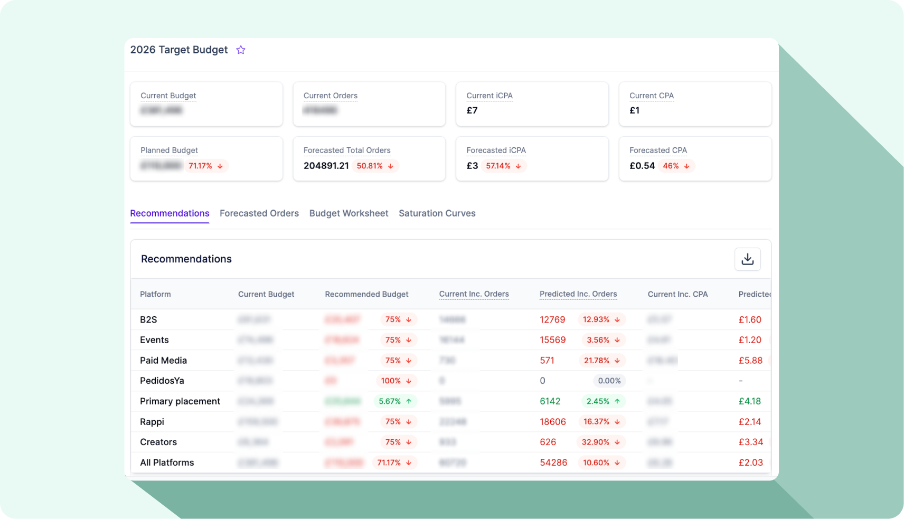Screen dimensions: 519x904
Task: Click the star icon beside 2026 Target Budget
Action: click(x=241, y=50)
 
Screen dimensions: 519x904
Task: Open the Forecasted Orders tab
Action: click(x=259, y=213)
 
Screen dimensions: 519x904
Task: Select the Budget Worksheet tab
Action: click(x=349, y=213)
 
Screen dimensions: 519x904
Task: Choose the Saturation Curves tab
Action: click(x=437, y=213)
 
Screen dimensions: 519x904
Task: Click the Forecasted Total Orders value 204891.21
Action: click(x=326, y=166)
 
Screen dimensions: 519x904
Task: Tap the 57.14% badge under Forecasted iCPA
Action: click(x=503, y=166)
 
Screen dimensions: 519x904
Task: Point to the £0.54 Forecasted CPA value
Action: click(x=642, y=166)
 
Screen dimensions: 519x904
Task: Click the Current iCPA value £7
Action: click(x=472, y=110)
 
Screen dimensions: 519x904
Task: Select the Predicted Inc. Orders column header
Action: click(x=578, y=294)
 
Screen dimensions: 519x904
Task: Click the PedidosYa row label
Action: click(x=162, y=381)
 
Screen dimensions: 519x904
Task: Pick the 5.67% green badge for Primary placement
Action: click(x=395, y=401)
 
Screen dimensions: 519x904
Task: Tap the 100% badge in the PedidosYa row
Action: click(x=396, y=381)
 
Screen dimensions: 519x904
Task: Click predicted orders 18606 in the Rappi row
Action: click(x=553, y=422)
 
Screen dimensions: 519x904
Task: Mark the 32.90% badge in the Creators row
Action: click(x=601, y=442)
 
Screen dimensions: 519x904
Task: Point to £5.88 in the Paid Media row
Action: click(x=750, y=361)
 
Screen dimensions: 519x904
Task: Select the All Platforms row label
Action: click(x=167, y=463)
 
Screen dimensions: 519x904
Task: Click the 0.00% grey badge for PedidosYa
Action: click(x=609, y=381)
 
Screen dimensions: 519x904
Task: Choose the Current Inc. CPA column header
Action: click(x=677, y=294)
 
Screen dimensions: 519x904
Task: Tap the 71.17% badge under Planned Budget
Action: click(x=205, y=166)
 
